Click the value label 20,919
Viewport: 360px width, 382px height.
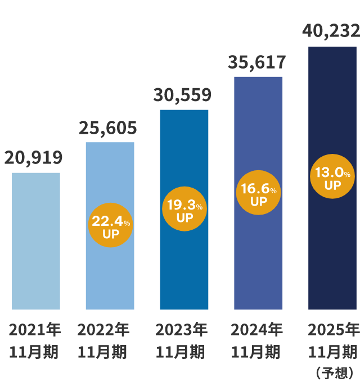(33, 158)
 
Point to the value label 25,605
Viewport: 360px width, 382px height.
(107, 128)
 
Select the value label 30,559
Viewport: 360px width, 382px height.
(182, 95)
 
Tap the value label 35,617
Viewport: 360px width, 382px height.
(257, 62)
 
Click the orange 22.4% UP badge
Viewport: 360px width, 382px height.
(111, 225)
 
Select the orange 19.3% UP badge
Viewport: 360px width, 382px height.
(184, 209)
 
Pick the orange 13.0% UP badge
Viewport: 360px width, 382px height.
(332, 176)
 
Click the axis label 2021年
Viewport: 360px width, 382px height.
(35, 329)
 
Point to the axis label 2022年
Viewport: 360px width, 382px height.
(103, 329)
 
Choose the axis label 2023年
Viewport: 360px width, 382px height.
(181, 329)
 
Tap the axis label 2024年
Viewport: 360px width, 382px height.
(256, 329)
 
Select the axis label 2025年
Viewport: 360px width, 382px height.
(333, 329)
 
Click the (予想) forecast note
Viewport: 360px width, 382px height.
(334, 372)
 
